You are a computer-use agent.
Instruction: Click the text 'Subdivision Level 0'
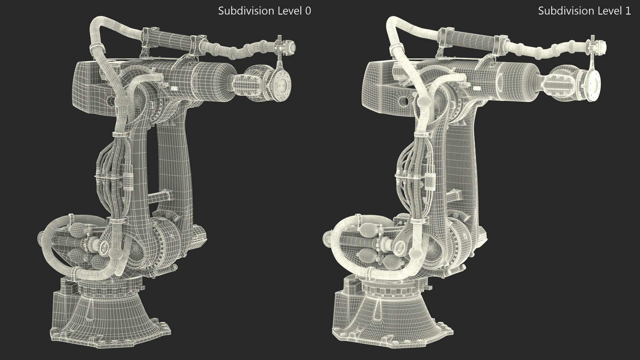pos(264,11)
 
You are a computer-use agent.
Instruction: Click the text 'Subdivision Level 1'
pos(584,11)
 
